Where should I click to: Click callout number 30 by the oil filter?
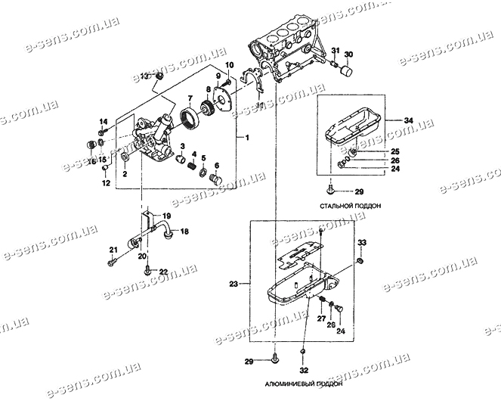point(348,54)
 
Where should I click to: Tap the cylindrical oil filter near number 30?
point(347,72)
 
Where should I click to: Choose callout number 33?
point(362,243)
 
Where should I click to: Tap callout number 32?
point(303,371)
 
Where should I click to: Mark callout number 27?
point(320,321)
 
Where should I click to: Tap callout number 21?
point(112,250)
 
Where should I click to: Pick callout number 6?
point(216,166)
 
